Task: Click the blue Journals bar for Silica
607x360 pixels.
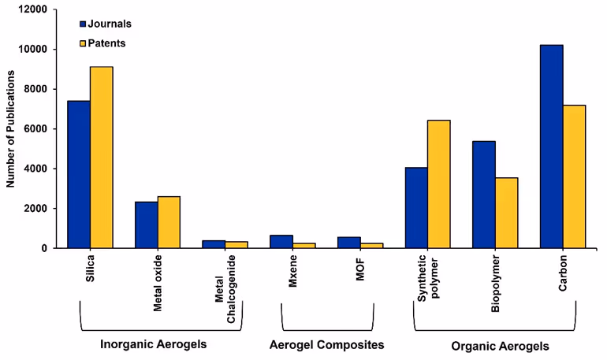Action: (79, 174)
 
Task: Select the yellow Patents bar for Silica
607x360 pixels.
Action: (102, 158)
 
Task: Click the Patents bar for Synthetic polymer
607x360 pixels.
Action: (439, 184)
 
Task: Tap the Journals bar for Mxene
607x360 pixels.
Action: (281, 241)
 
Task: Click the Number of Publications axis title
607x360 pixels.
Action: (11, 129)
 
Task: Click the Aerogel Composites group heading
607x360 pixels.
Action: (326, 345)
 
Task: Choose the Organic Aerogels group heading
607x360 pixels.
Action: (500, 346)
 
